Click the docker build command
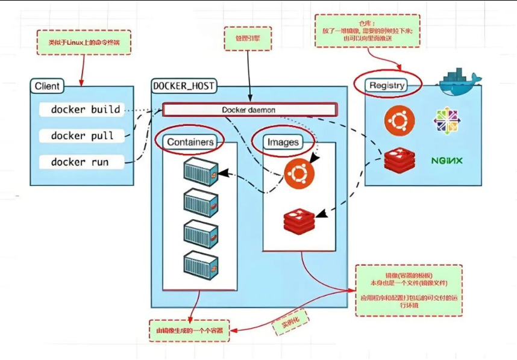85,110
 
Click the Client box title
47,86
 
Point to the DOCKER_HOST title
184,86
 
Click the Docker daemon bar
249,110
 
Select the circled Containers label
190,142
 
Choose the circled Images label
283,142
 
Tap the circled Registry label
387,85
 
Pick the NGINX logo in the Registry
446,161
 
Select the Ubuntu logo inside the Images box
299,175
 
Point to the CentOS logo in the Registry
447,120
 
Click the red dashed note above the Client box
84,43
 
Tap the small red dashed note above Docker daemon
248,38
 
